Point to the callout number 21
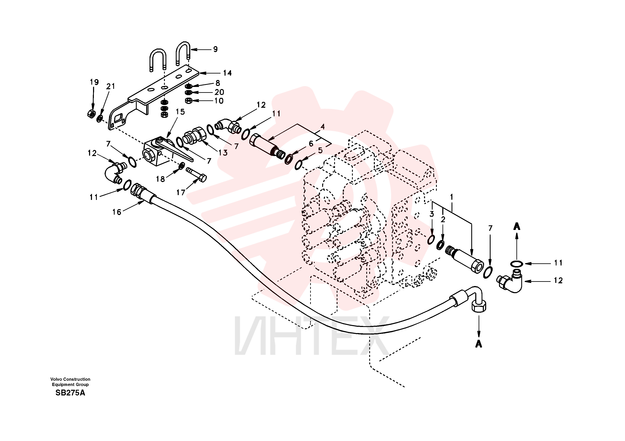coord(110,86)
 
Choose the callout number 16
coord(117,212)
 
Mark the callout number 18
coord(160,179)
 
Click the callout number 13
coord(223,153)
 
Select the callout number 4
coord(323,127)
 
